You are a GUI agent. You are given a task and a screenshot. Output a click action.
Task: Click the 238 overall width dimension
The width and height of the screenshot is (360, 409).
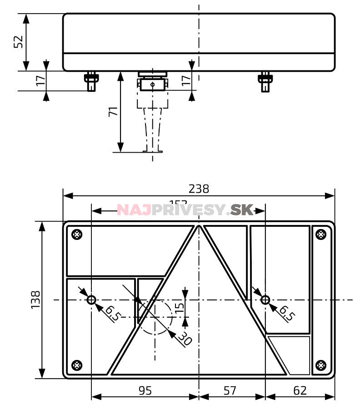point(199,189)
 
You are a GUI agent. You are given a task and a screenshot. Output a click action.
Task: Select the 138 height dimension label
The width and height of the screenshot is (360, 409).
point(36,299)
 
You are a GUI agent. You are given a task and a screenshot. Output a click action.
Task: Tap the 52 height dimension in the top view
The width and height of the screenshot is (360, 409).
point(18,42)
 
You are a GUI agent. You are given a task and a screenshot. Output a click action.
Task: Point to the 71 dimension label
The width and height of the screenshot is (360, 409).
point(113,111)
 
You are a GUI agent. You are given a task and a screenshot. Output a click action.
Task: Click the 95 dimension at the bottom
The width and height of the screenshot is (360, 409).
point(145,390)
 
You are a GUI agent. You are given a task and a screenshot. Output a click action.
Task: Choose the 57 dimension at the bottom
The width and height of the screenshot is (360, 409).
point(230,390)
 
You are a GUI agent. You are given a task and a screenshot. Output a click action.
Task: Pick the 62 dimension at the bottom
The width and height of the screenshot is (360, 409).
point(300,390)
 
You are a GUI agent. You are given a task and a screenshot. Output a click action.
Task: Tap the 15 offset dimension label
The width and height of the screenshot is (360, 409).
point(180,307)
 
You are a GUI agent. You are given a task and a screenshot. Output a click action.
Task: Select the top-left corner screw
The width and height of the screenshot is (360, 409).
point(77,234)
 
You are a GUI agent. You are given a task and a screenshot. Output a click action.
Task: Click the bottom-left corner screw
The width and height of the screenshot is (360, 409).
point(77,364)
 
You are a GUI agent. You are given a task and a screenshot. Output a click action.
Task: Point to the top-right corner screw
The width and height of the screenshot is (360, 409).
point(320,234)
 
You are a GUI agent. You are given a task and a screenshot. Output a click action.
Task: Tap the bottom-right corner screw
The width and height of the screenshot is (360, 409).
point(320,364)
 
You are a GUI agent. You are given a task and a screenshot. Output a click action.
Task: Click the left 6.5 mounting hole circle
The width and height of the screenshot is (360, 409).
point(91,299)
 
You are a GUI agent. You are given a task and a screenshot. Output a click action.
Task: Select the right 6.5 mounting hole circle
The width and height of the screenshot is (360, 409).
point(265,299)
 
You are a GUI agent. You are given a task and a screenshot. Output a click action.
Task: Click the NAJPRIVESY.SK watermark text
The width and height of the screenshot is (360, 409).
point(185,209)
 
